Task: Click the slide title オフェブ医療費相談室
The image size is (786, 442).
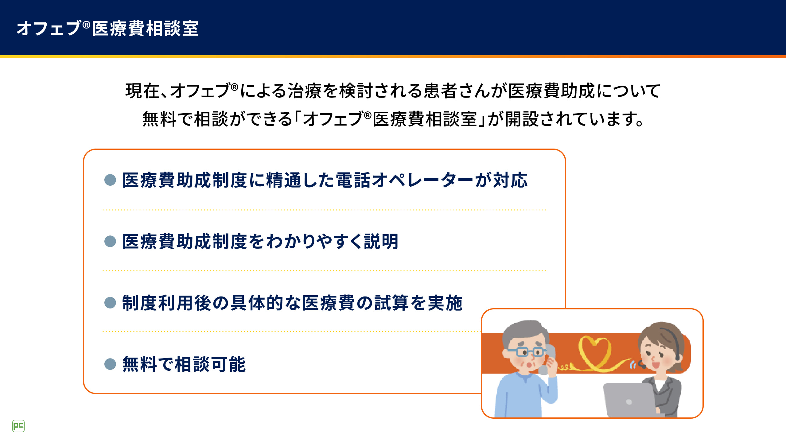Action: (x=107, y=29)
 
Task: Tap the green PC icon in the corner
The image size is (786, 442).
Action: (x=18, y=426)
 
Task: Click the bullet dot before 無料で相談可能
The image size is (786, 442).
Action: (x=110, y=364)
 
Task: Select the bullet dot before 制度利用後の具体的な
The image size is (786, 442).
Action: (x=110, y=303)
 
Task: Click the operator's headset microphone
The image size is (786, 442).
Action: (x=642, y=365)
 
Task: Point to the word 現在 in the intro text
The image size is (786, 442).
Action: (x=142, y=91)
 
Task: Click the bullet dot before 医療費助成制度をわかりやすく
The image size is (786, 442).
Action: (x=110, y=241)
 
